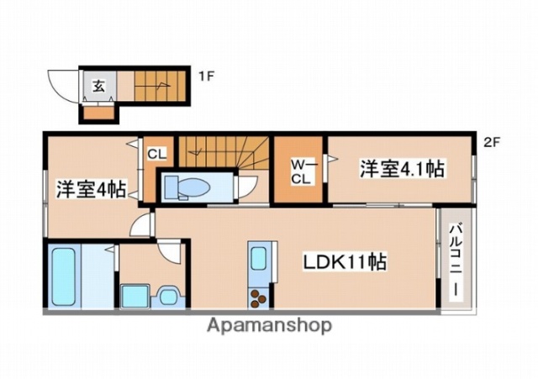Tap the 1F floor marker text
206,77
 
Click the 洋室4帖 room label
91,190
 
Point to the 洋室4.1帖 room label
402,168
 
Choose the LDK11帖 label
345,261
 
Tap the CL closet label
156,154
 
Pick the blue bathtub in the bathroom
64,276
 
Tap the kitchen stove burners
257,296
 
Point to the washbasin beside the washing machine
166,295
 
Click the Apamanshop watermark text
268,325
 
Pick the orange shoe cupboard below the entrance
99,112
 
